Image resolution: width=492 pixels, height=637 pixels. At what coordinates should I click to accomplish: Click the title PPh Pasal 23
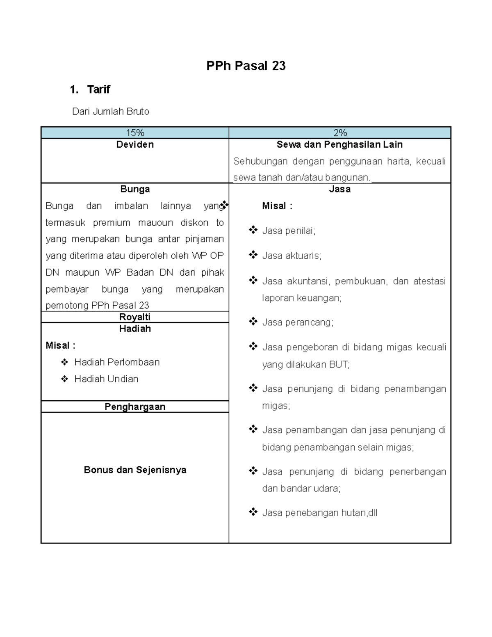[x=246, y=66]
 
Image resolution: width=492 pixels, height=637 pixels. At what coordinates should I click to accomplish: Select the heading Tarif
[x=98, y=89]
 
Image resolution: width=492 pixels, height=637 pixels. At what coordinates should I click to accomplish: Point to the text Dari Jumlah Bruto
[x=110, y=112]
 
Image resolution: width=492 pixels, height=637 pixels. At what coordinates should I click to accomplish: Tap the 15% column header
[x=135, y=133]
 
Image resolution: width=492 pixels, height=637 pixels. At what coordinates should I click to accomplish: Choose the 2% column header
[x=340, y=133]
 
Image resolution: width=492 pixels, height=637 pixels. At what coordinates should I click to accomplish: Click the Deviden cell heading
[x=135, y=144]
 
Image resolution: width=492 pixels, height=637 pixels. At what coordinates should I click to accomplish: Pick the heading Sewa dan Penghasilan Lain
[x=339, y=144]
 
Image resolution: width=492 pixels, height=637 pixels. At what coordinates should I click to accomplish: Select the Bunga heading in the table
[x=135, y=189]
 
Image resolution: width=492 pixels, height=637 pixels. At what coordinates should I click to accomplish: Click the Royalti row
[x=135, y=317]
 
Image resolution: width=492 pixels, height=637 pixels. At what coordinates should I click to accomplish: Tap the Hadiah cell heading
[x=135, y=329]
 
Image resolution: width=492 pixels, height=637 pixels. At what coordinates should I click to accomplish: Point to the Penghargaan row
[x=135, y=406]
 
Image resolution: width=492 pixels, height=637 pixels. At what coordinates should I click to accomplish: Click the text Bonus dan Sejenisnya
[x=135, y=470]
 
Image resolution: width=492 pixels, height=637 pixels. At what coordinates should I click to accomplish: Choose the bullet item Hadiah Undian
[x=106, y=379]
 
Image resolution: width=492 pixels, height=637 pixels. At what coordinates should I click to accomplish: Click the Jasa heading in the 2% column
[x=339, y=189]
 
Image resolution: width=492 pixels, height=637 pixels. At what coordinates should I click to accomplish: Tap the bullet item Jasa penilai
[x=289, y=231]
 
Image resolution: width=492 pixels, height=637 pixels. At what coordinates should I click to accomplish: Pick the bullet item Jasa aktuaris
[x=292, y=256]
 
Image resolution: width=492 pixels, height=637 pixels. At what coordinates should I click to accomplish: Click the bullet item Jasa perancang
[x=298, y=322]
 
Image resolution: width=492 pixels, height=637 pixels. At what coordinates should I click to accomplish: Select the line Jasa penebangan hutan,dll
[x=319, y=513]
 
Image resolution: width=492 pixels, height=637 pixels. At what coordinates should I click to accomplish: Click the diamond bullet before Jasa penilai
[x=253, y=230]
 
